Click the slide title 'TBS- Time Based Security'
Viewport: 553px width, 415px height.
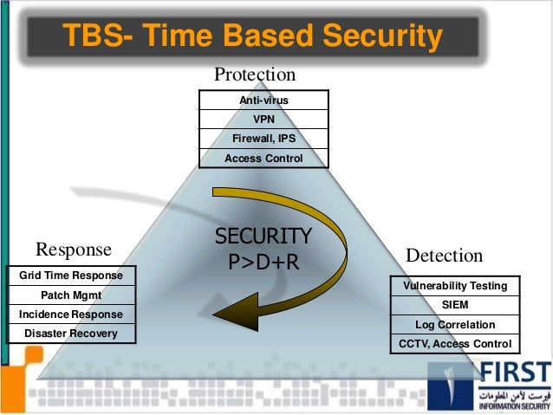tap(250, 36)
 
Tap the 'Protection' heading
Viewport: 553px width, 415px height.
tap(255, 75)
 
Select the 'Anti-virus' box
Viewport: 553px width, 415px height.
tap(263, 101)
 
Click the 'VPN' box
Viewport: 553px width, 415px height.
tap(263, 120)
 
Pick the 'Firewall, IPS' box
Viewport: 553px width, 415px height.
tap(263, 139)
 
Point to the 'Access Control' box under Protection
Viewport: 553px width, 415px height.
tap(263, 159)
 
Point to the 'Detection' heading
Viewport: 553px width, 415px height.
tap(444, 256)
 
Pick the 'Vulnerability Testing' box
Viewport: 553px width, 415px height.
tap(456, 286)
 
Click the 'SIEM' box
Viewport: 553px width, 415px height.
tap(456, 305)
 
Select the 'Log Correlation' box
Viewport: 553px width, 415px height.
tap(456, 325)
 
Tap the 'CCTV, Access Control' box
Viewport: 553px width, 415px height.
tap(456, 344)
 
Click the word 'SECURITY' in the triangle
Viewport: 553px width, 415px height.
tap(263, 237)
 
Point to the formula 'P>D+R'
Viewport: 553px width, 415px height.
tap(263, 260)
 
